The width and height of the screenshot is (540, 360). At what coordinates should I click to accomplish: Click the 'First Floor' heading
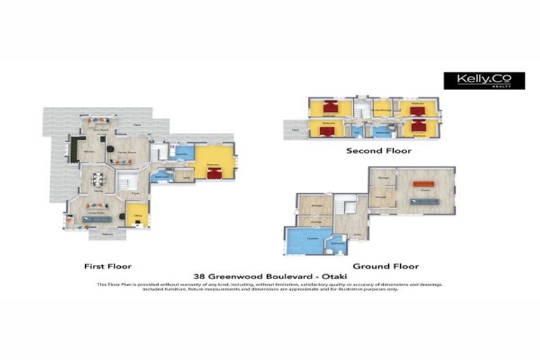tap(108, 266)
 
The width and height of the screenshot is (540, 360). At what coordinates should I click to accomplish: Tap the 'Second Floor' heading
tap(378, 150)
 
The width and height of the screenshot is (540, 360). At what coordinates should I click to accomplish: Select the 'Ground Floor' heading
tap(385, 266)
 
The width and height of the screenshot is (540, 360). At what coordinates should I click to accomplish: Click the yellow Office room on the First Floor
tap(136, 214)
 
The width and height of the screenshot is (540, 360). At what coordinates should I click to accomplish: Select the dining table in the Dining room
tap(98, 180)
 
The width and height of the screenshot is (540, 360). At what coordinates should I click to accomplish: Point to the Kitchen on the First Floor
tap(89, 150)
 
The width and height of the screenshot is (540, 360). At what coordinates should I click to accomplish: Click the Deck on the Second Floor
tap(295, 129)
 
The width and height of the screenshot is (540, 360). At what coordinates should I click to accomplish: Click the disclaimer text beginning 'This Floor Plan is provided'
tap(269, 286)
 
